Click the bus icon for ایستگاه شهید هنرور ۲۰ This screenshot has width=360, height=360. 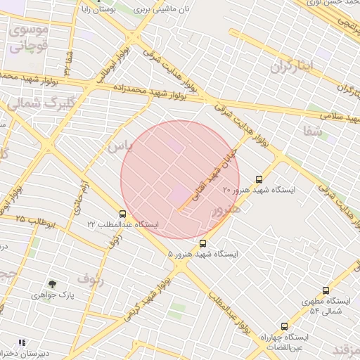(259, 179)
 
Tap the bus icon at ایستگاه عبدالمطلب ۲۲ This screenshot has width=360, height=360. (123, 214)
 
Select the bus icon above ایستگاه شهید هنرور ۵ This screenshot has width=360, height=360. (203, 243)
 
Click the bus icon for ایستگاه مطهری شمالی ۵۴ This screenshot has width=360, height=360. (326, 290)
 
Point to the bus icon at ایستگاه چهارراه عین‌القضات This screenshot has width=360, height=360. (284, 326)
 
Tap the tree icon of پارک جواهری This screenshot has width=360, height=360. (53, 283)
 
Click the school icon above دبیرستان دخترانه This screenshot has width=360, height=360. (22, 342)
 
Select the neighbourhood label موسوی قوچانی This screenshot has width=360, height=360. (28, 39)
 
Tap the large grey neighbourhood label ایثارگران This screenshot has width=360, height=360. (300, 66)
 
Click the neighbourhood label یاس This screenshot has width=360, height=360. (120, 146)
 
